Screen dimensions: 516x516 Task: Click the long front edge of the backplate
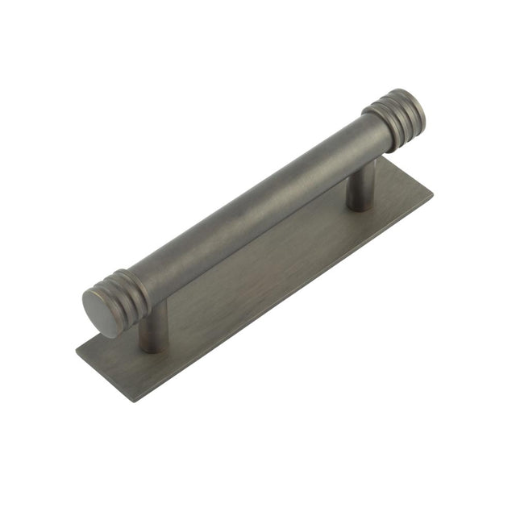click(x=282, y=298)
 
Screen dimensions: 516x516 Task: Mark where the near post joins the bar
click(x=155, y=310)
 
